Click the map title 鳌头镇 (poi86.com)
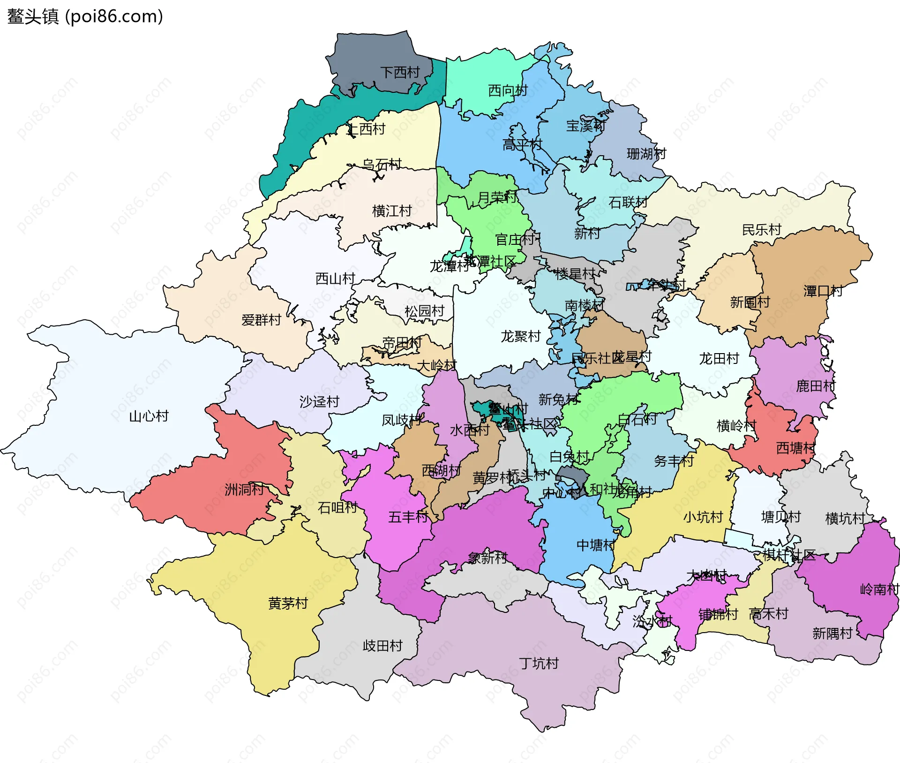point(85,16)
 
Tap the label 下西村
point(400,73)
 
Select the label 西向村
point(508,91)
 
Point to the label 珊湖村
point(646,154)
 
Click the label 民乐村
point(762,230)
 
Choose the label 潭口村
point(823,291)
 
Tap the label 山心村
point(149,416)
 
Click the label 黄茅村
point(288,604)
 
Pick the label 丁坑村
point(539,664)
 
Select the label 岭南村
point(879,589)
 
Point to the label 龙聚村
point(521,336)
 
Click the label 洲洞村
point(244,490)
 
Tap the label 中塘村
point(596,545)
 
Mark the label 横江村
point(392,211)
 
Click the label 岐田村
point(382,646)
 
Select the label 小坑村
point(703,517)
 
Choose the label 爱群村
point(261,320)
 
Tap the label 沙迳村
point(319,402)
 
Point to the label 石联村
point(628,203)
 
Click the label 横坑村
point(845,519)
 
